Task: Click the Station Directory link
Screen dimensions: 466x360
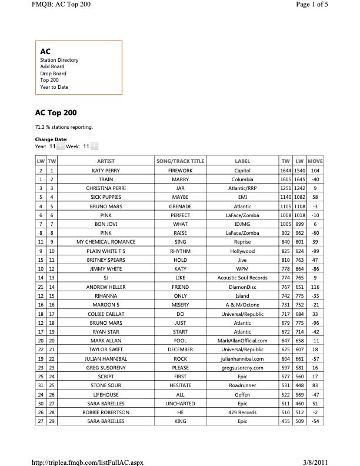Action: pos(59,60)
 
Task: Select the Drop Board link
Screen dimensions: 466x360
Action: pos(53,73)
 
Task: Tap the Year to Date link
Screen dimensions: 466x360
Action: pos(54,86)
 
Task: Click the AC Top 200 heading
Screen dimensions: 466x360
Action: pos(56,112)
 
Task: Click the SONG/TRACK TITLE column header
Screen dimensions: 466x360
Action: pos(180,161)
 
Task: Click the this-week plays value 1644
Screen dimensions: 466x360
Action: pos(284,169)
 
